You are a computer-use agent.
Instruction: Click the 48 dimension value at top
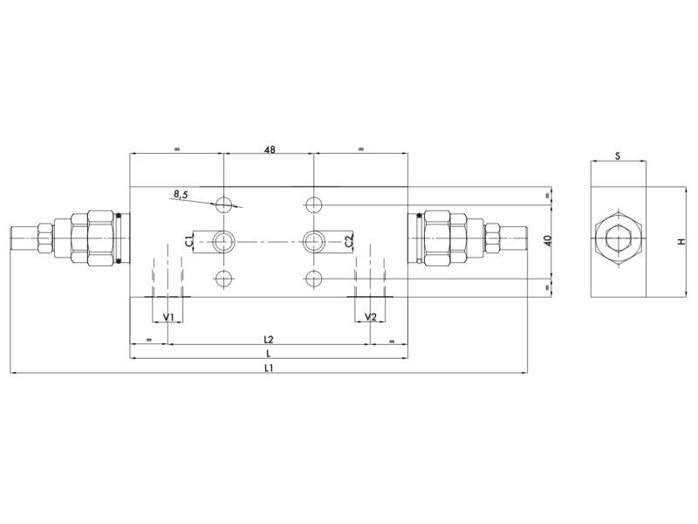click(x=269, y=149)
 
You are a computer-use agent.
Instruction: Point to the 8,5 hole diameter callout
click(x=181, y=195)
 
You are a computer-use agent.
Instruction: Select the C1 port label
click(x=188, y=241)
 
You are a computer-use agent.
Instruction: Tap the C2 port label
click(x=349, y=241)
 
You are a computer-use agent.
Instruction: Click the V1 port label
click(x=168, y=316)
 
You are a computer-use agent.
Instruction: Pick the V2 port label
click(x=370, y=316)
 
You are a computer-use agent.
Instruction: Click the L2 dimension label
click(x=269, y=339)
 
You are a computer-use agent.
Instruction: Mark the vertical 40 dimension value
click(x=547, y=241)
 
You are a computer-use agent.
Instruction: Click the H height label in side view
click(x=681, y=241)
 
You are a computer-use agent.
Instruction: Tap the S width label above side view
click(x=617, y=156)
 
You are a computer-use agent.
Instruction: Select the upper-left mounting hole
click(x=225, y=204)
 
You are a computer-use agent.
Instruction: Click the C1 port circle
click(x=225, y=240)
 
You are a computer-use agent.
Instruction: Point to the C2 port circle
click(x=313, y=240)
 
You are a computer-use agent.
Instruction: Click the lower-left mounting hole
click(x=225, y=279)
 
